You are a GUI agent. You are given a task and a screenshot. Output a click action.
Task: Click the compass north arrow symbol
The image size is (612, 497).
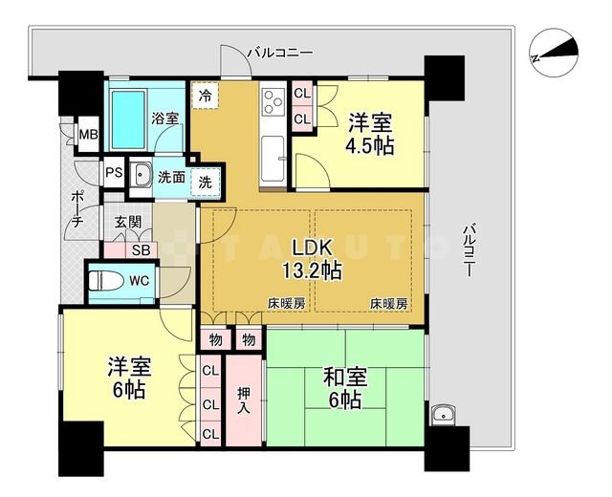pyautogui.click(x=555, y=53)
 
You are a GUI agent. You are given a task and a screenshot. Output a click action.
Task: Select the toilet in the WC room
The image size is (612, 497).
pyautogui.click(x=106, y=282)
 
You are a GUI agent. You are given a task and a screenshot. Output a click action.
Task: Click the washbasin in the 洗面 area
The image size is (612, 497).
pyautogui.click(x=142, y=175)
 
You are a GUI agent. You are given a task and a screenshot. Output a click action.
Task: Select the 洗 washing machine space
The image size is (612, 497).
pyautogui.click(x=206, y=179)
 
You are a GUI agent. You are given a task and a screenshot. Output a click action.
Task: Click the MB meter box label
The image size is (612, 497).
pyautogui.click(x=88, y=135)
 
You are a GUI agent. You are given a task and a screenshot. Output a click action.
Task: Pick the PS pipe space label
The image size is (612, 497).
pyautogui.click(x=114, y=174)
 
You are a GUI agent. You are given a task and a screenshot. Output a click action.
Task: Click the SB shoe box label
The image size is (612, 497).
pyautogui.click(x=141, y=250)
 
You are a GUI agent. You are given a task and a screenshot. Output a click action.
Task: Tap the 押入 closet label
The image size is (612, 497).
pyautogui.click(x=244, y=399)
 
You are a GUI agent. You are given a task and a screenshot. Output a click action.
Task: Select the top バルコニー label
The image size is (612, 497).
pyautogui.click(x=278, y=53)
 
